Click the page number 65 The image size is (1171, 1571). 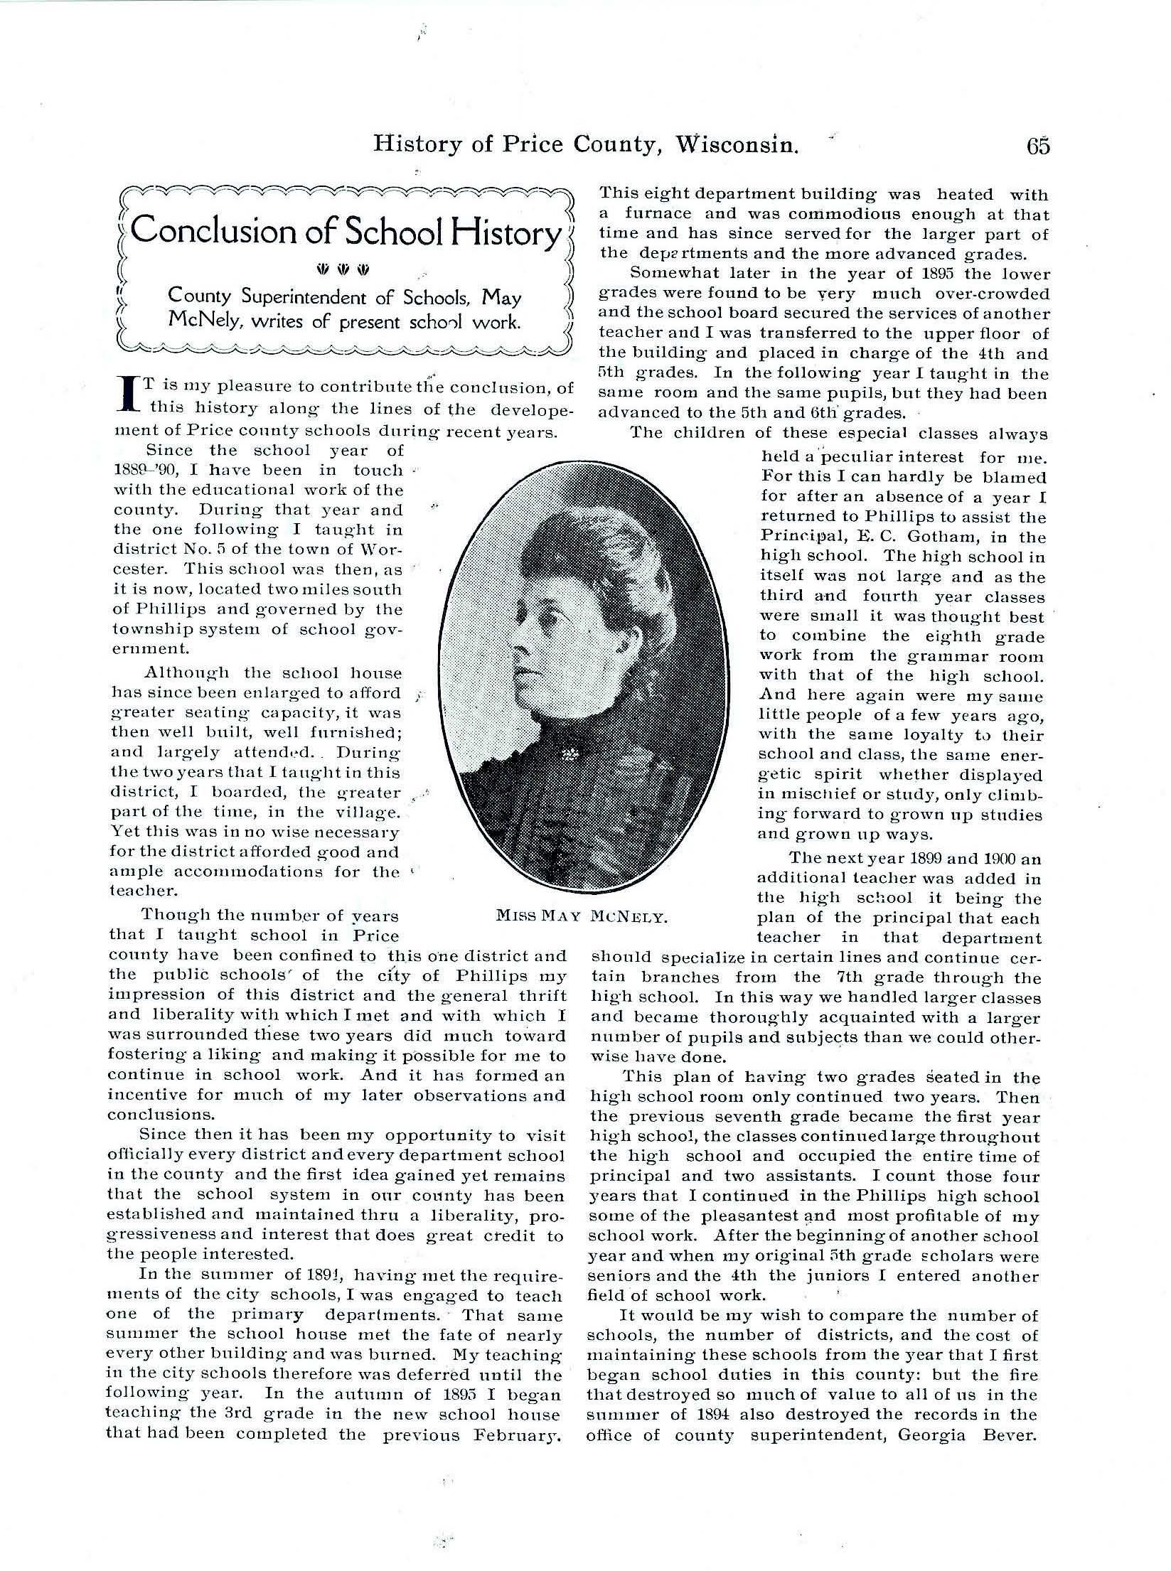pyautogui.click(x=1037, y=146)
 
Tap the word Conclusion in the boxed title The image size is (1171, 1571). pyautogui.click(x=214, y=231)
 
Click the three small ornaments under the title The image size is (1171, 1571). pyautogui.click(x=343, y=269)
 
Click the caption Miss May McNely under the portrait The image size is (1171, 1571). pyautogui.click(x=582, y=917)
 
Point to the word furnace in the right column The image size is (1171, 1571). pyautogui.click(x=656, y=213)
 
